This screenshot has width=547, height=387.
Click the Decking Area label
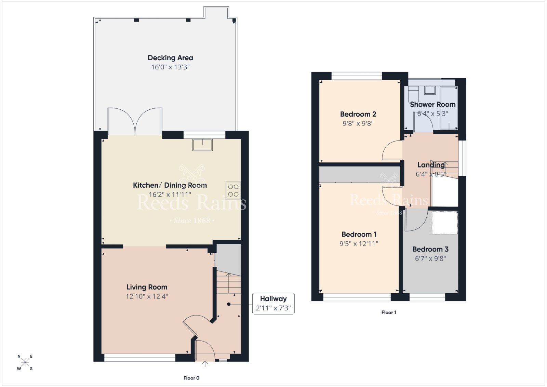click(170, 58)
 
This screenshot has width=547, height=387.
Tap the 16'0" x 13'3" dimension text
click(170, 67)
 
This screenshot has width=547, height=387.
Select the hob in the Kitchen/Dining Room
click(233, 190)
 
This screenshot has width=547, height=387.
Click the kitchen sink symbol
click(202, 145)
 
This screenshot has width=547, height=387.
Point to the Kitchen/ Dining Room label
click(170, 185)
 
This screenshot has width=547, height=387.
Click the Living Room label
click(147, 287)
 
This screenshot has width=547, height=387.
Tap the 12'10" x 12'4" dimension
click(147, 296)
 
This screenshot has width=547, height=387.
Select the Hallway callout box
click(273, 303)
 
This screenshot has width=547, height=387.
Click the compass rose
click(25, 362)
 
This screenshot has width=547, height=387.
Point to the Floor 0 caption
click(191, 378)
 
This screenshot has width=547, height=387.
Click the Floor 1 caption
click(388, 312)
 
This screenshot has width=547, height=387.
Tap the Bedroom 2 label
click(358, 114)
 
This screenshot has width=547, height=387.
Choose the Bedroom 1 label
click(359, 234)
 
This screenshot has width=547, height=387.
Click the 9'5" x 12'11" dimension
click(359, 244)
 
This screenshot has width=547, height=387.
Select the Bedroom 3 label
click(430, 249)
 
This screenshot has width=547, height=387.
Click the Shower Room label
click(432, 105)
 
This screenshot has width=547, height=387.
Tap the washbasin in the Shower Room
click(430, 90)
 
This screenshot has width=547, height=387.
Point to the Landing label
click(431, 165)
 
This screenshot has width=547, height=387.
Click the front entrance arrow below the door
click(205, 364)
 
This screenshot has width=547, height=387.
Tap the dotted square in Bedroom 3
click(444, 223)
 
